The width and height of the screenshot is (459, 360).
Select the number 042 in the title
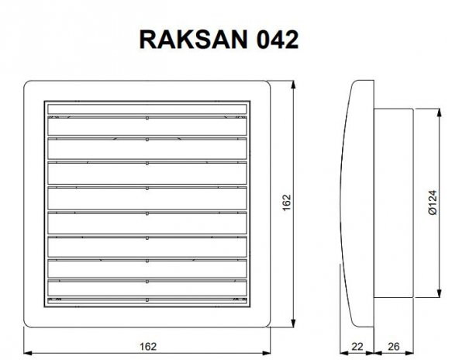click(274, 40)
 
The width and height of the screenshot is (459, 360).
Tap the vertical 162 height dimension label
click(286, 204)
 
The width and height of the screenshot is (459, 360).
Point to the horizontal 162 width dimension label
click(149, 345)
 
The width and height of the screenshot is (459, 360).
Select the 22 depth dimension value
click(356, 345)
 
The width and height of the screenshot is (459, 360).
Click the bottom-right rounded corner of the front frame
click(268, 324)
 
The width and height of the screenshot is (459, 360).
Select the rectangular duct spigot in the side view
click(395, 203)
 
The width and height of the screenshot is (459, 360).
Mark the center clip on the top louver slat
click(147, 117)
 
